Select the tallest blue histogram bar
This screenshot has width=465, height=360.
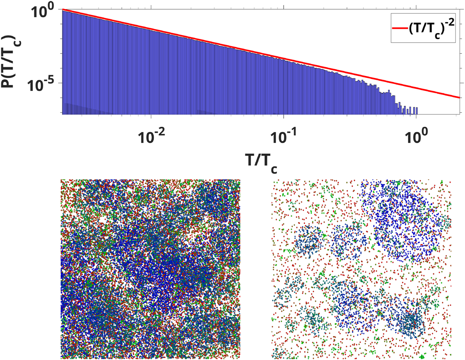64,62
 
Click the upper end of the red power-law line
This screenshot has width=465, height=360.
63,9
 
